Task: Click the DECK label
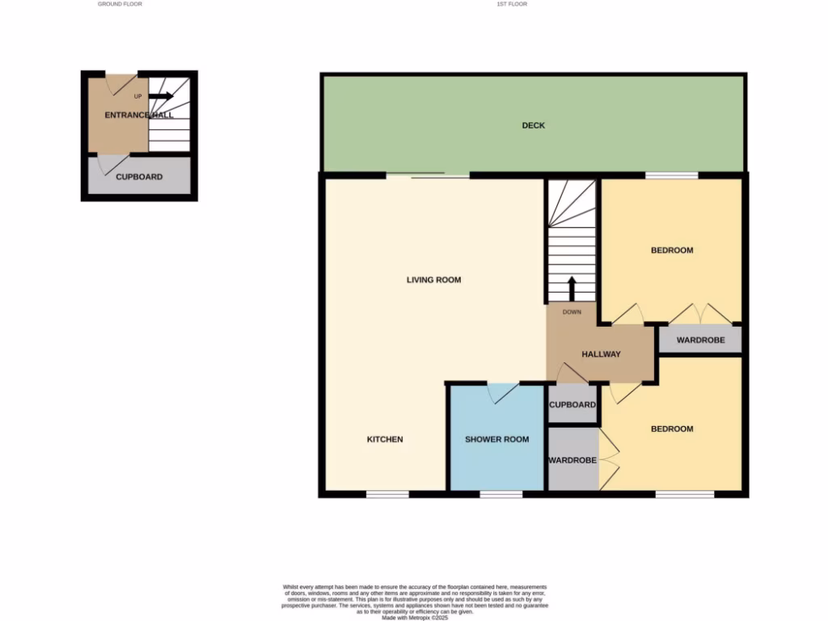(x=533, y=125)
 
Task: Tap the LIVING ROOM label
(x=433, y=280)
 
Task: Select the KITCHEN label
(x=385, y=439)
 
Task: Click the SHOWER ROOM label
(x=496, y=439)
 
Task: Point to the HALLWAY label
(x=601, y=354)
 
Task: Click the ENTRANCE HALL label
(x=139, y=115)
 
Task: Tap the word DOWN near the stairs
(x=572, y=311)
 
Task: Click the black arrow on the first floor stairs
(x=572, y=288)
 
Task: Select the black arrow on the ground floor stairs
(x=161, y=96)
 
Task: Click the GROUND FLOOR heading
(x=120, y=4)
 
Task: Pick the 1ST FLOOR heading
(x=511, y=4)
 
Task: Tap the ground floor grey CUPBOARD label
(x=139, y=177)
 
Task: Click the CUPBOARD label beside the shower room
(x=572, y=405)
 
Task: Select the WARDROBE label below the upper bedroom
(x=700, y=340)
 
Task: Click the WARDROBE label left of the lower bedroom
(x=572, y=460)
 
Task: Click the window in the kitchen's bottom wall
(x=387, y=493)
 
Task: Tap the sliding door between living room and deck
(x=428, y=175)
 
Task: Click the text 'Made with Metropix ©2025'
(x=414, y=617)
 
